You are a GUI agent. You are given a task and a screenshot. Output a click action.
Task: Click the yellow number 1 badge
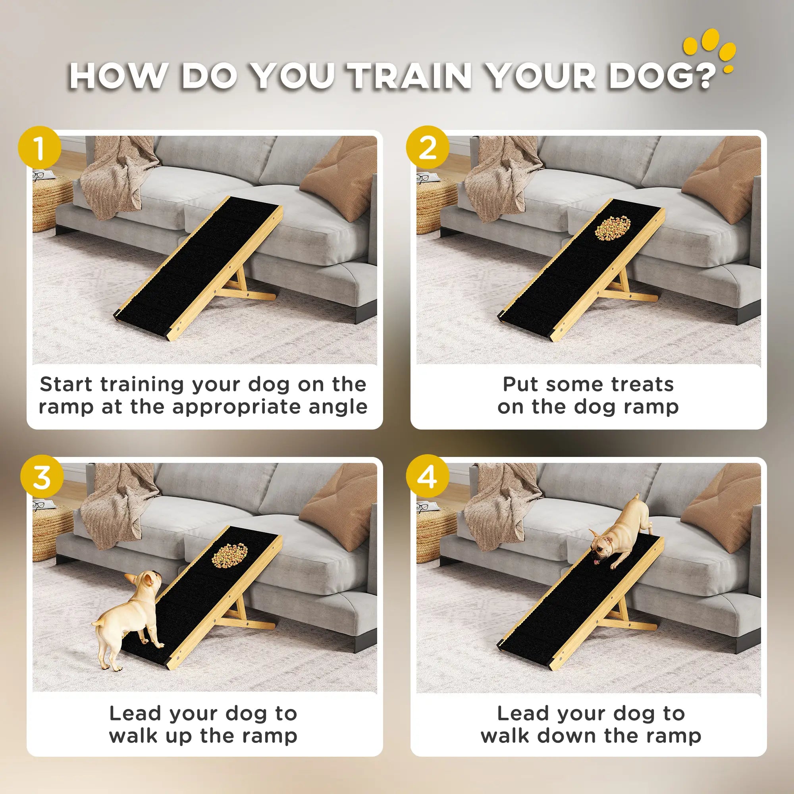39,148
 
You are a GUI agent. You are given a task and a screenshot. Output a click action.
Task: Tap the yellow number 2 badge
428,148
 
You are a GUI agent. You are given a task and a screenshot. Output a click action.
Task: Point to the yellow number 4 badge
428,477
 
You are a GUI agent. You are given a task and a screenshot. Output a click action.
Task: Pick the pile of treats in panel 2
613,229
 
